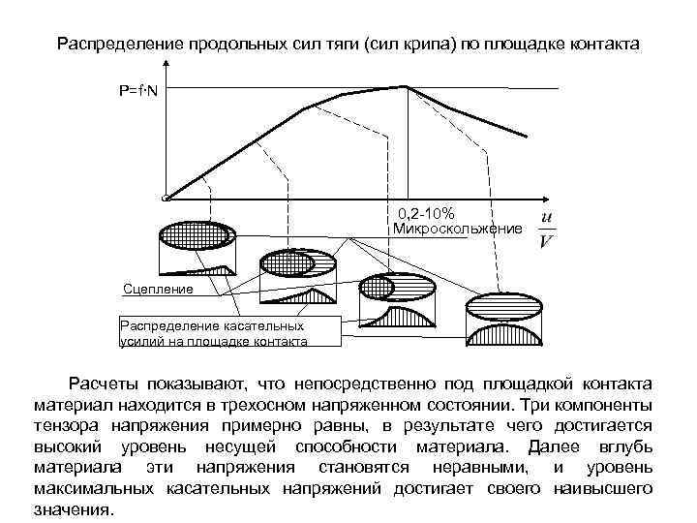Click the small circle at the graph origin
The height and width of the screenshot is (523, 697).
167,199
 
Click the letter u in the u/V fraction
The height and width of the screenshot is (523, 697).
548,217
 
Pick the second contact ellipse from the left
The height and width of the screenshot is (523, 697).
296,262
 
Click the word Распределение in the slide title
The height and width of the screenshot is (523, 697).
115,45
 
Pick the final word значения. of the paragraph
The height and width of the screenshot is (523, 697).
73,509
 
